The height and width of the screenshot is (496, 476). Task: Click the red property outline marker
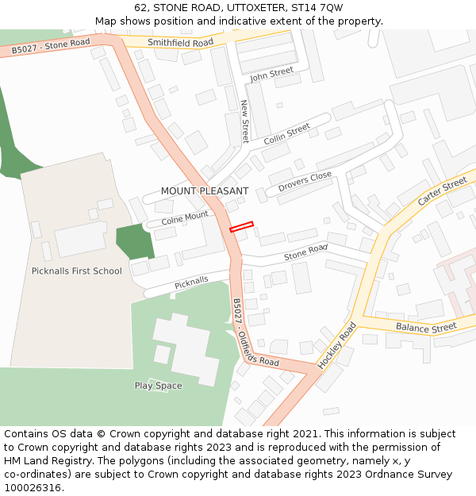coord(241,227)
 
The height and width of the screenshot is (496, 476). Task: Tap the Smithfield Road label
coord(181,42)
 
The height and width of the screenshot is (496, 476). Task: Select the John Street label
coord(271,75)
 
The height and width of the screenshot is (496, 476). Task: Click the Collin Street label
coord(286,133)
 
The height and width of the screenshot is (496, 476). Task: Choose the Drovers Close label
coord(305,183)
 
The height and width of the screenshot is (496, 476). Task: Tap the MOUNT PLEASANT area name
coord(205,191)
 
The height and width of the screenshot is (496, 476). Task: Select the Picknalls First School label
coord(77,271)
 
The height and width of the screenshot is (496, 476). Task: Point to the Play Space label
coord(158,386)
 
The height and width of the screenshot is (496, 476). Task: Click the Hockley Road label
coord(337,344)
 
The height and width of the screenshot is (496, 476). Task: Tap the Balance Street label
coord(427,328)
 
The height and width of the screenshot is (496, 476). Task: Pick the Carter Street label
coord(442,192)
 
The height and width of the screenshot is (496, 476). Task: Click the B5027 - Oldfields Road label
coord(255,333)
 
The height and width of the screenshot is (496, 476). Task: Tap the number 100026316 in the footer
coord(33,488)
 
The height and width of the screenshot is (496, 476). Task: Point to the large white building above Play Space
coord(186,350)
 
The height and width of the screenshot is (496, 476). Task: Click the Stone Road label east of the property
coord(305,252)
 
